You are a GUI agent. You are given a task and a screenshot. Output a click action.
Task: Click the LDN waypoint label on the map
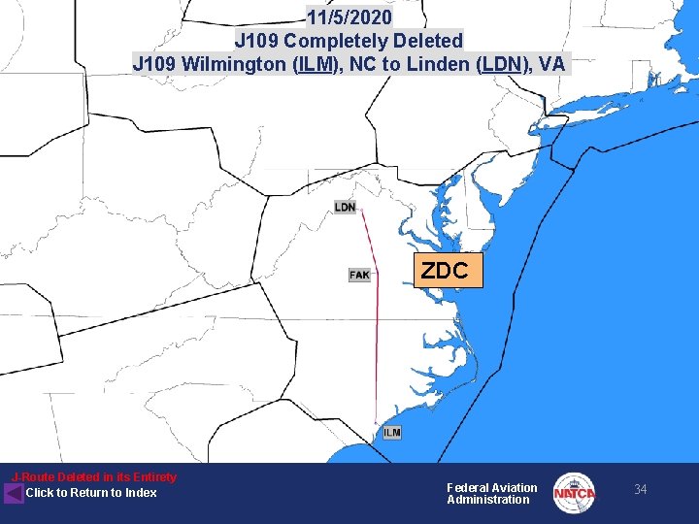[x=345, y=207]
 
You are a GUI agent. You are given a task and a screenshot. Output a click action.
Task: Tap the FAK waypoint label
[x=359, y=275]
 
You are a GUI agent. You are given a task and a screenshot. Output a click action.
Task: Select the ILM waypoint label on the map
[x=391, y=432]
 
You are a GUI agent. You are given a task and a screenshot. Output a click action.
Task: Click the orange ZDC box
[x=446, y=271]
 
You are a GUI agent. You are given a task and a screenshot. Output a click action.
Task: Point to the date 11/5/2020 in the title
[x=349, y=17]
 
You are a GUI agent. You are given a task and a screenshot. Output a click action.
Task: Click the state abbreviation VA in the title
[x=551, y=65]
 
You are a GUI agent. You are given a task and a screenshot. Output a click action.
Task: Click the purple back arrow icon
[x=14, y=493]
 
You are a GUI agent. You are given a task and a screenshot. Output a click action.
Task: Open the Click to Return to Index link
[x=91, y=493]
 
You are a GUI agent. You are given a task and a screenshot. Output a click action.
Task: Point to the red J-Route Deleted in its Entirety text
[x=94, y=477]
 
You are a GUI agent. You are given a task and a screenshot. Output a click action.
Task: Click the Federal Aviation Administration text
[x=491, y=494]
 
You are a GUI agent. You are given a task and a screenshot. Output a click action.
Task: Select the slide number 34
[x=640, y=490]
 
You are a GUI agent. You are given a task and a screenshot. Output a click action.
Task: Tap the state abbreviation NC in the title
[x=364, y=65]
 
